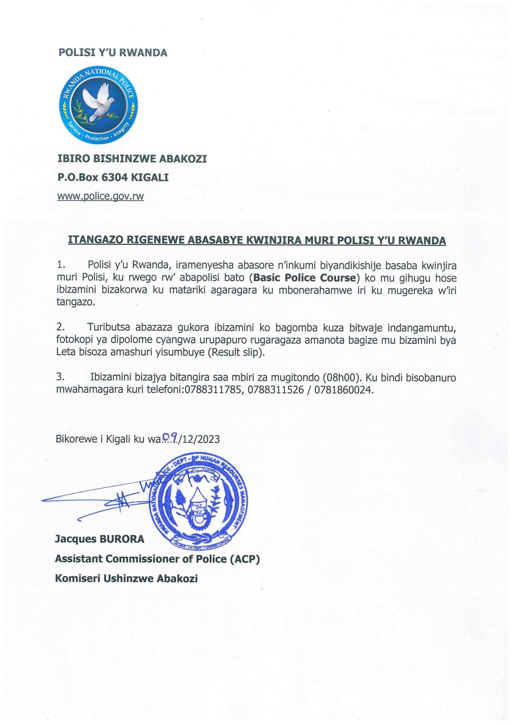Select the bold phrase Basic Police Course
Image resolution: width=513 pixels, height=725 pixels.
pos(305,278)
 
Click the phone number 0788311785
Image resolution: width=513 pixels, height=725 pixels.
pos(214,390)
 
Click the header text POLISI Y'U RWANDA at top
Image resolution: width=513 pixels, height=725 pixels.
pos(113,52)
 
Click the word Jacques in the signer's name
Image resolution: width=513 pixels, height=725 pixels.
pos(76,539)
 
